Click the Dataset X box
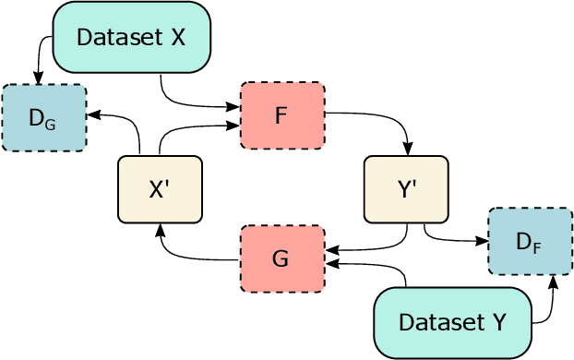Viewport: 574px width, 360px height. pyautogui.click(x=133, y=38)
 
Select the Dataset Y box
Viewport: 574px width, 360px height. pyautogui.click(x=453, y=322)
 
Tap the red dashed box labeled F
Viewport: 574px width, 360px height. pyautogui.click(x=282, y=115)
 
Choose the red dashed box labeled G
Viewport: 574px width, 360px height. pyautogui.click(x=282, y=258)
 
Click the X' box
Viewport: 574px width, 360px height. pyautogui.click(x=160, y=189)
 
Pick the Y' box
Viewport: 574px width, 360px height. pyautogui.click(x=406, y=189)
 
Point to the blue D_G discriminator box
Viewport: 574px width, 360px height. pyautogui.click(x=43, y=117)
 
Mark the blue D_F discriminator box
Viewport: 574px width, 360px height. pyautogui.click(x=529, y=242)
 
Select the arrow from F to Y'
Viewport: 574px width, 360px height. pyautogui.click(x=388, y=120)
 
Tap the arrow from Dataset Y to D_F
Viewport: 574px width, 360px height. pyautogui.click(x=550, y=305)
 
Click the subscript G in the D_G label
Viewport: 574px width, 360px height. pyautogui.click(x=50, y=121)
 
